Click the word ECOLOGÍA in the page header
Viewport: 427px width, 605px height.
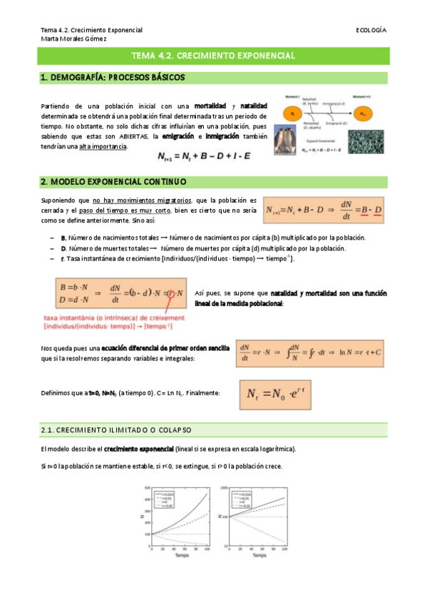(x=371, y=30)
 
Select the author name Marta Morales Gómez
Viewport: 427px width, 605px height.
(x=73, y=39)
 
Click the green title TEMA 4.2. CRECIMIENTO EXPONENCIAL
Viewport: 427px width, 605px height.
(x=213, y=56)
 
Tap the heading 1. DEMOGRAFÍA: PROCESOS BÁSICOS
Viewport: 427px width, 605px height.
(x=113, y=77)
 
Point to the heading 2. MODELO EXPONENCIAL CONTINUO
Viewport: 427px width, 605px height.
(x=113, y=181)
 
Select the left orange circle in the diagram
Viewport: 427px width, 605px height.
(x=292, y=113)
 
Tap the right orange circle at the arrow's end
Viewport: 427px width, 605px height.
(x=364, y=113)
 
